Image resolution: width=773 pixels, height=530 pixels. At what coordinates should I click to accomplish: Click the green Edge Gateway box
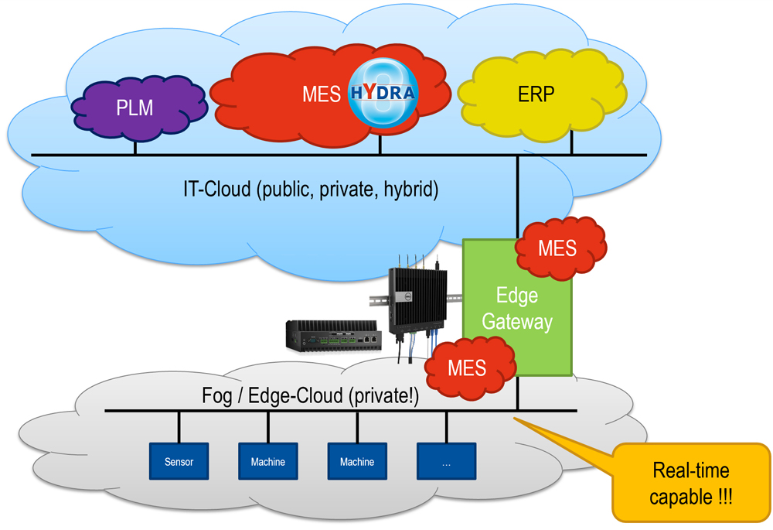coord(517,309)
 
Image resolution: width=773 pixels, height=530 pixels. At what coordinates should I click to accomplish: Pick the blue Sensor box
coord(179,462)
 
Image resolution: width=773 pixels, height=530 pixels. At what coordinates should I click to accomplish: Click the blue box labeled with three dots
coord(446,462)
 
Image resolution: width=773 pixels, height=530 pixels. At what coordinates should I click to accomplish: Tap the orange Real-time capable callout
coord(690,483)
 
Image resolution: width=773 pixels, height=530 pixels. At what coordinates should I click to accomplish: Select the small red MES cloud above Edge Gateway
coord(558,248)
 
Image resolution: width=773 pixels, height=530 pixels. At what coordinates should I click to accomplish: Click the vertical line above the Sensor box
coord(179,426)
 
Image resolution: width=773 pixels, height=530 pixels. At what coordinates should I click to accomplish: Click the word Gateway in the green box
coord(517,321)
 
